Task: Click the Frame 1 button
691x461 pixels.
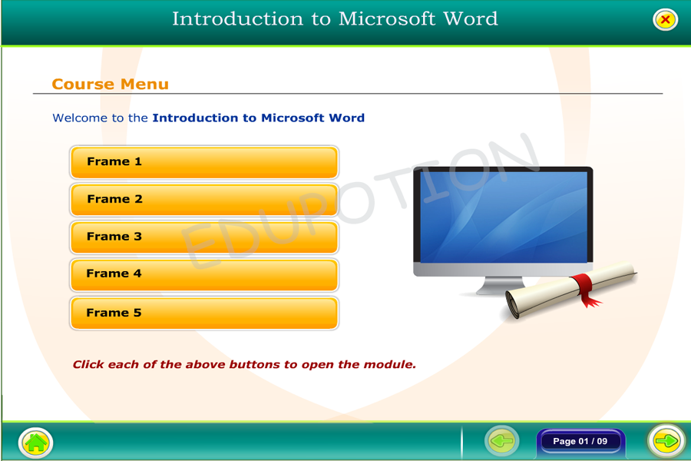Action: click(204, 162)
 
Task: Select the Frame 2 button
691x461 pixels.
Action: click(204, 200)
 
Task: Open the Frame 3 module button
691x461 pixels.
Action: click(204, 237)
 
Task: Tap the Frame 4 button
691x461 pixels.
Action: click(204, 274)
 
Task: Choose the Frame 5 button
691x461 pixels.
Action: click(204, 313)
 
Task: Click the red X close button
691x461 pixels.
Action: click(665, 19)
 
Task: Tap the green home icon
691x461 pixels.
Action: click(35, 443)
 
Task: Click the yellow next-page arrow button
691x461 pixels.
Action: click(666, 441)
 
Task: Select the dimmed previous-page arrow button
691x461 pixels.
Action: click(501, 441)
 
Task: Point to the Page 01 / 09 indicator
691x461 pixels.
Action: click(580, 441)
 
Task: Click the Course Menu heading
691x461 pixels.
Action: click(110, 84)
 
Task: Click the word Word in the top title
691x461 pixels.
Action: click(470, 19)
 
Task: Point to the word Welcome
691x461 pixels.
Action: click(80, 118)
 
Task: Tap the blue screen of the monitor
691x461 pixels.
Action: click(503, 217)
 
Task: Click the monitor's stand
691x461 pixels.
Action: click(500, 286)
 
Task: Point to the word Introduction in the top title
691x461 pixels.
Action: click(237, 19)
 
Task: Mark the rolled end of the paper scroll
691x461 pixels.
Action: click(514, 304)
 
